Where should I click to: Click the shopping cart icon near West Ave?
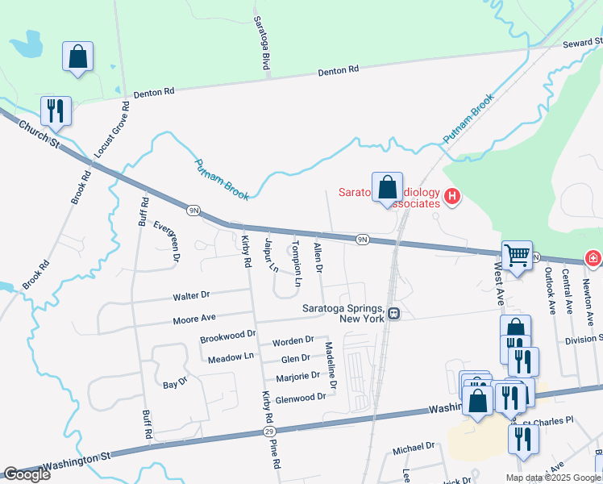click(517, 256)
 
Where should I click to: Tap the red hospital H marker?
click(452, 196)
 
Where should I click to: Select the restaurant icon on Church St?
click(56, 111)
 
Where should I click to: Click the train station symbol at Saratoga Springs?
click(393, 314)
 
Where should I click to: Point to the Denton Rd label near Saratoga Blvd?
click(338, 71)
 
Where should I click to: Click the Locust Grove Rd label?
click(111, 129)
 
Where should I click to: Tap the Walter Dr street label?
click(191, 296)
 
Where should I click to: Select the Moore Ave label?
click(194, 319)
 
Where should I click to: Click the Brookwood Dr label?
click(227, 333)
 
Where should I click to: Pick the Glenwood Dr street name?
click(300, 397)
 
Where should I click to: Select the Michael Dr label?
click(414, 445)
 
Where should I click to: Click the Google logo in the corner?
click(27, 474)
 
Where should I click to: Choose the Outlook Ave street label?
click(551, 290)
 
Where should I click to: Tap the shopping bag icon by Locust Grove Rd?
click(78, 56)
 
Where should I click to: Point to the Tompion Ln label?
click(296, 264)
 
